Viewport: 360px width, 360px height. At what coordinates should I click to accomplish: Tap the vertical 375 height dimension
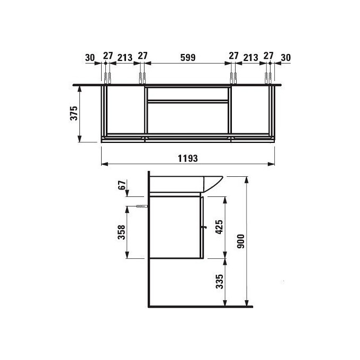click(x=74, y=114)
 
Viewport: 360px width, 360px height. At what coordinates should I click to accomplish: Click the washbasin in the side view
click(x=185, y=183)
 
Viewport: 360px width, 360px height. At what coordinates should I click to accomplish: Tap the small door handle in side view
click(x=202, y=228)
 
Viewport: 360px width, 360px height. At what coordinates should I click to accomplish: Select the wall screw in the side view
click(x=140, y=206)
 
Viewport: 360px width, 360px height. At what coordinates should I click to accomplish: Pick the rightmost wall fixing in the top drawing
click(x=268, y=77)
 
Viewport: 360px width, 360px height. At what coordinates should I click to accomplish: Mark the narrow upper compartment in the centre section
click(x=188, y=94)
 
